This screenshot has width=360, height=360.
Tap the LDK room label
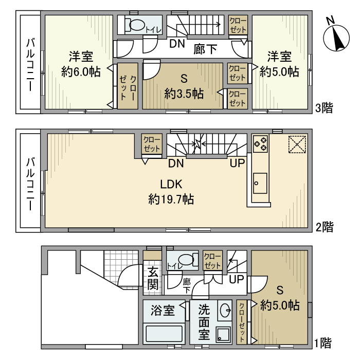pos(171,184)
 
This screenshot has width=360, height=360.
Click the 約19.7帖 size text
pos(171,200)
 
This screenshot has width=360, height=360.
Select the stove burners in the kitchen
pos(260,143)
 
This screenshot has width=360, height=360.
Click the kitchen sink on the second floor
pos(260,183)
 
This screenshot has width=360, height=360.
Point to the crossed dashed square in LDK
pos(297,144)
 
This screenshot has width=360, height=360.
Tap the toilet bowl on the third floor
pos(137,25)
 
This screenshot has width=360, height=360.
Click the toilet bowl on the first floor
pos(186,259)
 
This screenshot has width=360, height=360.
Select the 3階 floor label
pos(324,108)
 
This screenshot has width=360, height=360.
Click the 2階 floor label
pos(325,227)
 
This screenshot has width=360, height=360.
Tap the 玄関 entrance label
pos(153,278)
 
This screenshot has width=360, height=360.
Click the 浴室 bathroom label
pos(163,311)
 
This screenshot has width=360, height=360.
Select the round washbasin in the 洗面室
pos(225,310)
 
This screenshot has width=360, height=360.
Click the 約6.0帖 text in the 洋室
pos(81,71)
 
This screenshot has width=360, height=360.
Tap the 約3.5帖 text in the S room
pos(184,94)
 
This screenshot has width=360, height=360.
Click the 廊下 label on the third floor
pos(205,49)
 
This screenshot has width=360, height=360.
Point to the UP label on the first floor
pos(236,279)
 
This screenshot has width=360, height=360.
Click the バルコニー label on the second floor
pos(30,184)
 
